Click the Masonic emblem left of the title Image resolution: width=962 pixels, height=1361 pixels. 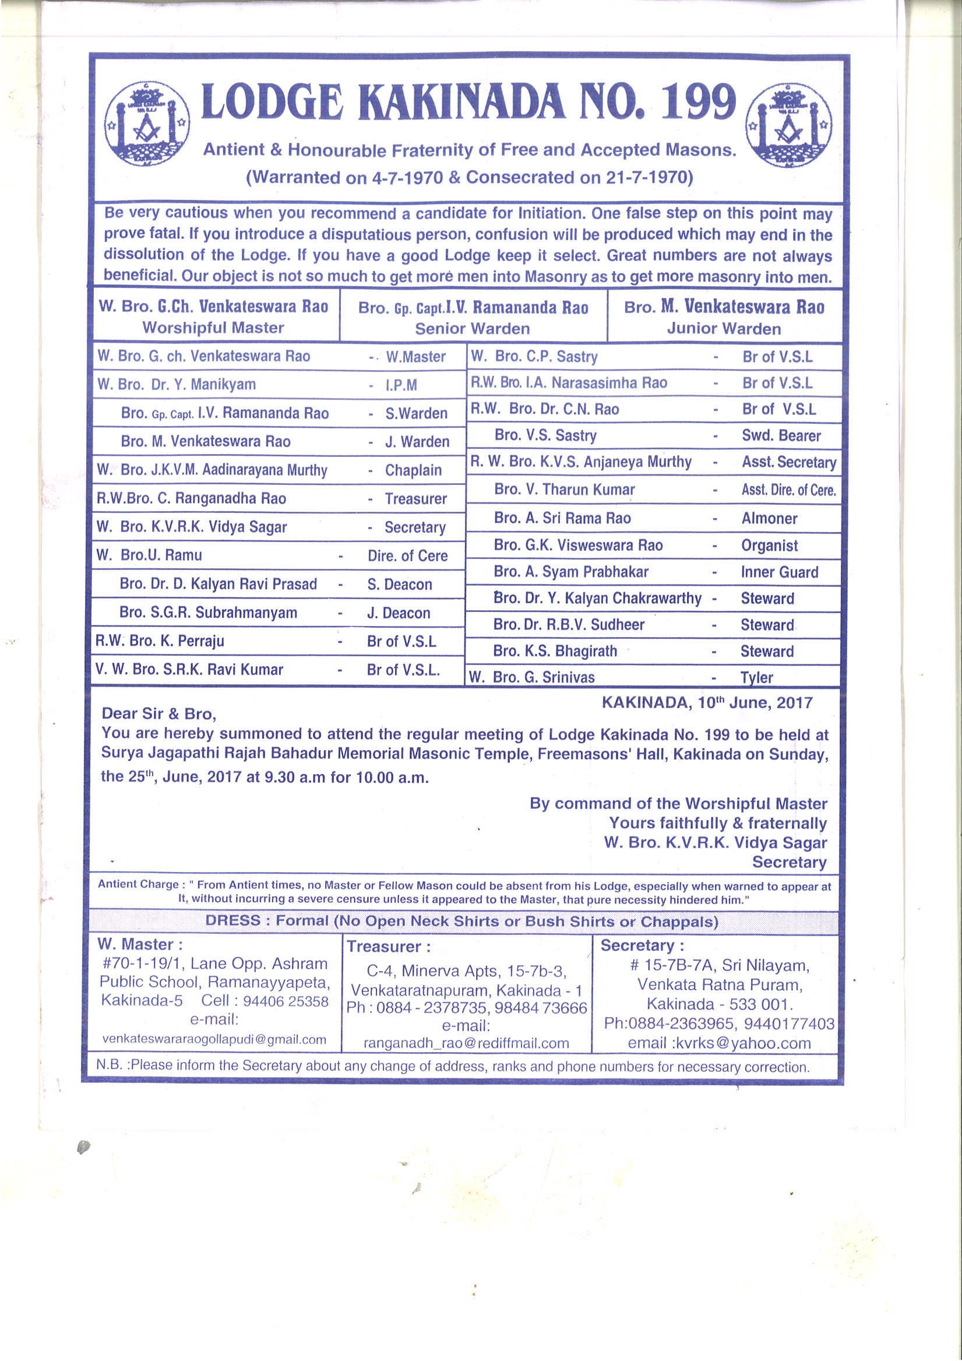tap(147, 124)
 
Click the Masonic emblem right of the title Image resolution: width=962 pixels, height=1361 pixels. tap(788, 125)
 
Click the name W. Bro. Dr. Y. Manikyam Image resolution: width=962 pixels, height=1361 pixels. tap(177, 384)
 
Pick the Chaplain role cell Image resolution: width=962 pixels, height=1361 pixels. tap(413, 470)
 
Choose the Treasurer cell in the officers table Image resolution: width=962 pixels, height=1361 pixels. tap(415, 498)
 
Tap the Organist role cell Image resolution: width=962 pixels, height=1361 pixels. tap(769, 546)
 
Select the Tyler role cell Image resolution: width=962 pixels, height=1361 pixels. tap(756, 677)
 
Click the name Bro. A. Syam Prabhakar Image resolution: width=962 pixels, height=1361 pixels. tap(571, 571)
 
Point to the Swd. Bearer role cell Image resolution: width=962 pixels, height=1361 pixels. tap(781, 435)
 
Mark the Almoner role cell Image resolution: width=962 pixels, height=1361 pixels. tap(769, 518)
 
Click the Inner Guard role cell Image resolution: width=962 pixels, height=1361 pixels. tap(780, 572)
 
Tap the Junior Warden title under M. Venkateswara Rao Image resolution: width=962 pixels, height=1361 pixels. tap(724, 328)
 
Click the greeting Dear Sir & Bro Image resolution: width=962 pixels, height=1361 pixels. tap(159, 713)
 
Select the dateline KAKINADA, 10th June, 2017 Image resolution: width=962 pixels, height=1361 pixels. tap(707, 703)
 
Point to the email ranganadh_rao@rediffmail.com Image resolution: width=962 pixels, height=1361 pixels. tap(466, 1043)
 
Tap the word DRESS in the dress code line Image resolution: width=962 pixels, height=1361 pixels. tap(233, 920)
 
